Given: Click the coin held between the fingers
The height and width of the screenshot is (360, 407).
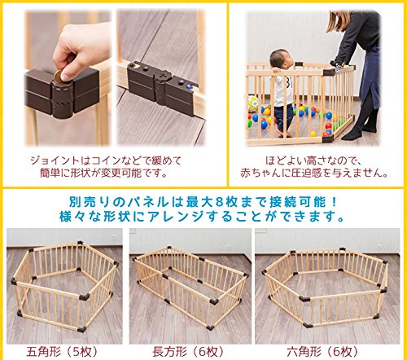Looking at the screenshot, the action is coord(59,77).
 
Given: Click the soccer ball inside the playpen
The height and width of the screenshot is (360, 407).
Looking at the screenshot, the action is coord(253,104).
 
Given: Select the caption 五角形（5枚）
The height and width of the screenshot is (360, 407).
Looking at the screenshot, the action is coord(62,352).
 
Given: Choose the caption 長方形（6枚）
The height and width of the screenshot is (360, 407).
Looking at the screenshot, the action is coord(188,352).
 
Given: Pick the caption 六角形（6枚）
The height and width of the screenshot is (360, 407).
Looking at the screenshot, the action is coord(323,352).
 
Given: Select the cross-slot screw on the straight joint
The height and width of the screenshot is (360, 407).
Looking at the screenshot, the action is coord(163,75).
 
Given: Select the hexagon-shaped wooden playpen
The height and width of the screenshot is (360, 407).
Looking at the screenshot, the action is coord(325,287).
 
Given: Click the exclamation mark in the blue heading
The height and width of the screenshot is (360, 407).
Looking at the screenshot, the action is coord(334,202).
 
